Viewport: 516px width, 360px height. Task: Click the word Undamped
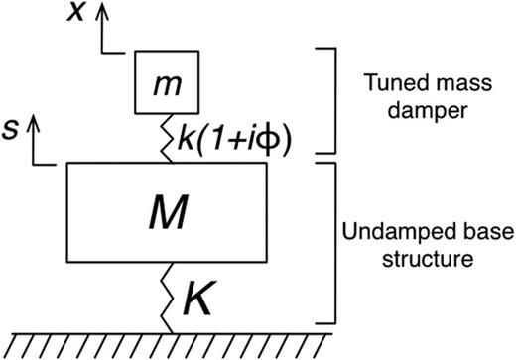387,231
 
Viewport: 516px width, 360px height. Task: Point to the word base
463,231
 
